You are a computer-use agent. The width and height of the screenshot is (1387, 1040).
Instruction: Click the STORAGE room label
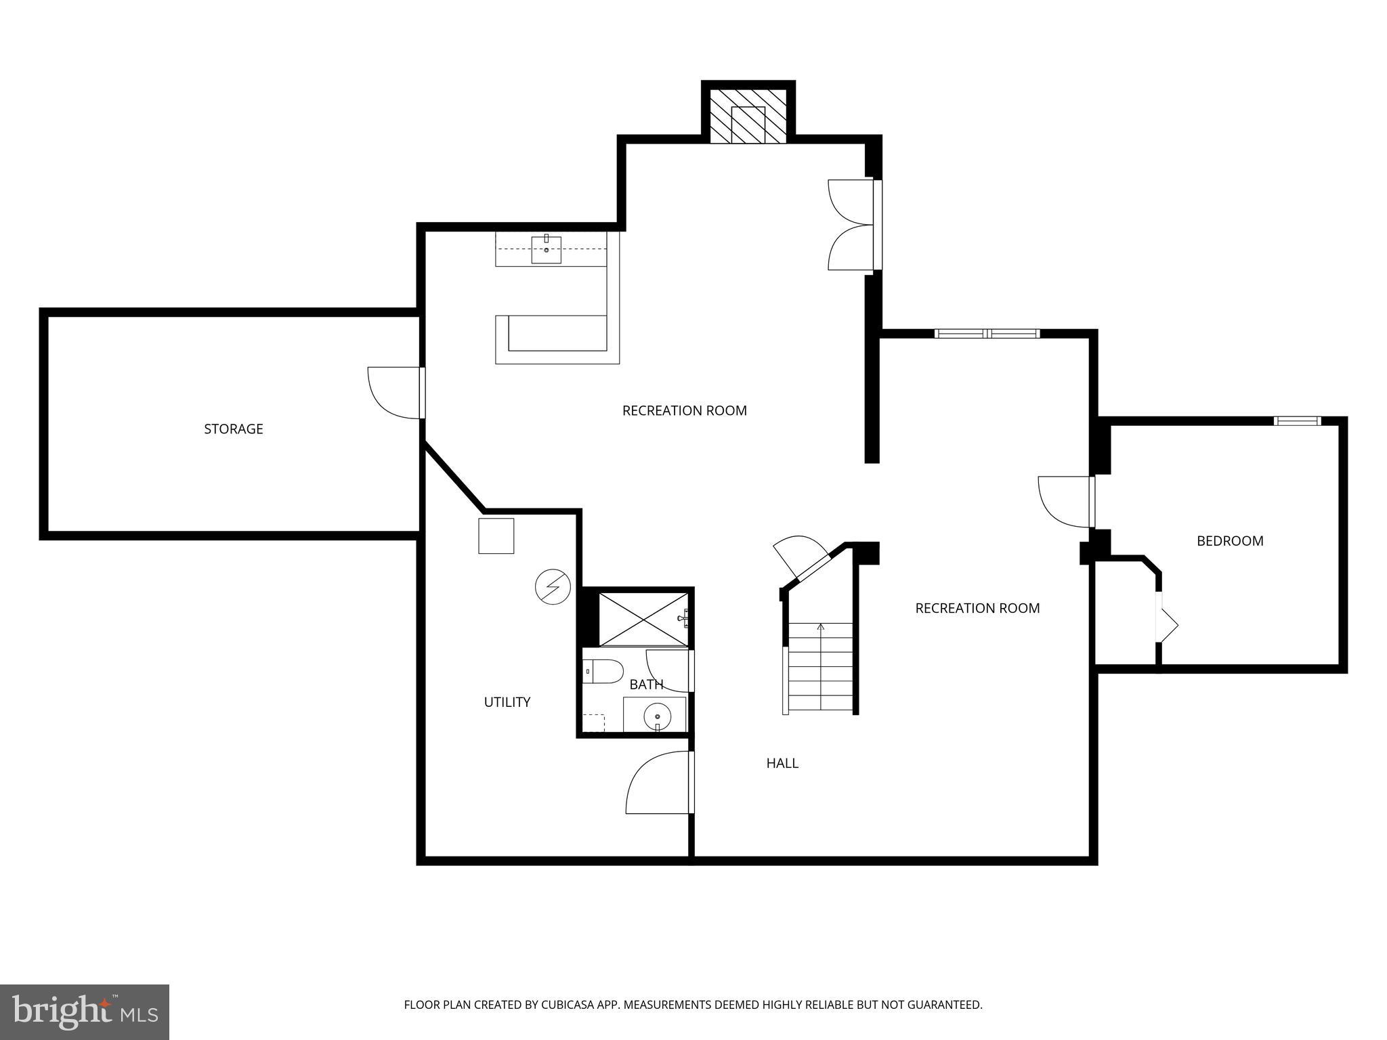(x=234, y=429)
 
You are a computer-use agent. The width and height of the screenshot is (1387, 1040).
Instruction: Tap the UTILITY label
(x=507, y=702)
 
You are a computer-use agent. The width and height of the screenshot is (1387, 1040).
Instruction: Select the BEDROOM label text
(x=1230, y=541)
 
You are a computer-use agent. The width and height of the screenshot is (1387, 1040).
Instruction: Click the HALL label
(x=782, y=763)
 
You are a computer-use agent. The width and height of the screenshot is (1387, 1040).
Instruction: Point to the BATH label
(x=646, y=685)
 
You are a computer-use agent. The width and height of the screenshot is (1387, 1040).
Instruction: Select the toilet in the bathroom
(x=603, y=672)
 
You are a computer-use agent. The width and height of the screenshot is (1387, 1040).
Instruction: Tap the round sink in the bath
(x=657, y=716)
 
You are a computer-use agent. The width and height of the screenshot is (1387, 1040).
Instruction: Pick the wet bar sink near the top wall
(x=546, y=249)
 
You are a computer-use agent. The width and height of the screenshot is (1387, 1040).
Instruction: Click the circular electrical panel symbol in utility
(x=553, y=587)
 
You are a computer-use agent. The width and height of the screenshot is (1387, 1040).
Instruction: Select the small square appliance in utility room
(x=496, y=536)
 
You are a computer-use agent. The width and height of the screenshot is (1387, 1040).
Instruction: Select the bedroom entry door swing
(x=1065, y=501)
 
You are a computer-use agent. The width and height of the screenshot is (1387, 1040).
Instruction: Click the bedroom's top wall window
(x=1297, y=421)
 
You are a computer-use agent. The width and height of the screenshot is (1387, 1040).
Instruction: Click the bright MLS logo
(x=85, y=1012)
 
